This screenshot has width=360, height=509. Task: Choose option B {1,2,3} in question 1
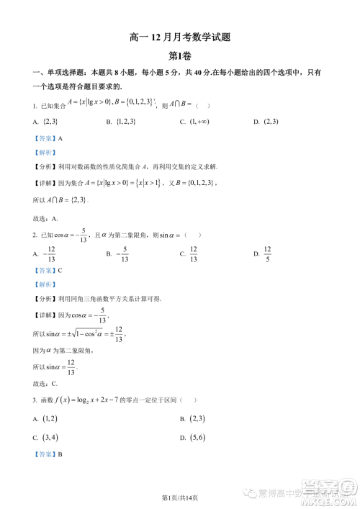tap(127, 122)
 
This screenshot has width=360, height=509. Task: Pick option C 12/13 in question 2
tap(193, 253)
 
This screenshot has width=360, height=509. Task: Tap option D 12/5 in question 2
tap(266, 253)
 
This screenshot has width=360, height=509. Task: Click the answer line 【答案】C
tap(48, 270)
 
